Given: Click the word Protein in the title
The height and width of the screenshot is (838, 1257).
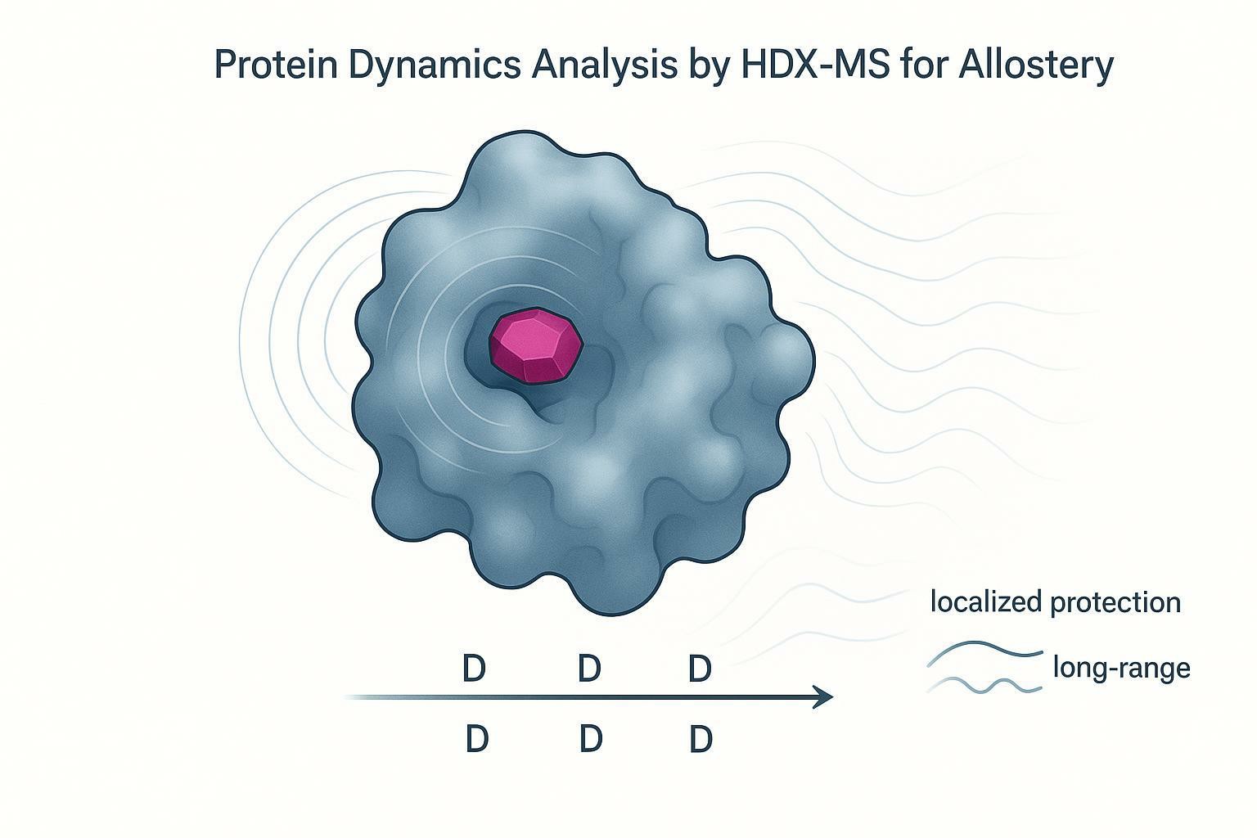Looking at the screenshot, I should [275, 65].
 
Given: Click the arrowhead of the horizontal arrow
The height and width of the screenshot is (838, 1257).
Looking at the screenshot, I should [823, 697].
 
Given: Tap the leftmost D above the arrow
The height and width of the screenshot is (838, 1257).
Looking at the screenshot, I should [474, 669].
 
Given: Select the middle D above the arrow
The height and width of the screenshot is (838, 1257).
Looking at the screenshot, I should [589, 669].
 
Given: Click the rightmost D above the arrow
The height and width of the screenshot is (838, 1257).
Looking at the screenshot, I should [700, 669].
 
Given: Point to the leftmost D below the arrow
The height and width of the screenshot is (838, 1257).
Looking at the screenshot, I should [476, 740].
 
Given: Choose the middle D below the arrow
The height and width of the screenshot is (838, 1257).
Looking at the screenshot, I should [591, 740].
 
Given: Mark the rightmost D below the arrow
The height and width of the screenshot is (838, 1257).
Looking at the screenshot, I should [701, 740].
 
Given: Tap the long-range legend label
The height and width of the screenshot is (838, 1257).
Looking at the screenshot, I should [1121, 669].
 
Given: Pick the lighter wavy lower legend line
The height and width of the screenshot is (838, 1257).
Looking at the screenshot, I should [985, 686].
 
